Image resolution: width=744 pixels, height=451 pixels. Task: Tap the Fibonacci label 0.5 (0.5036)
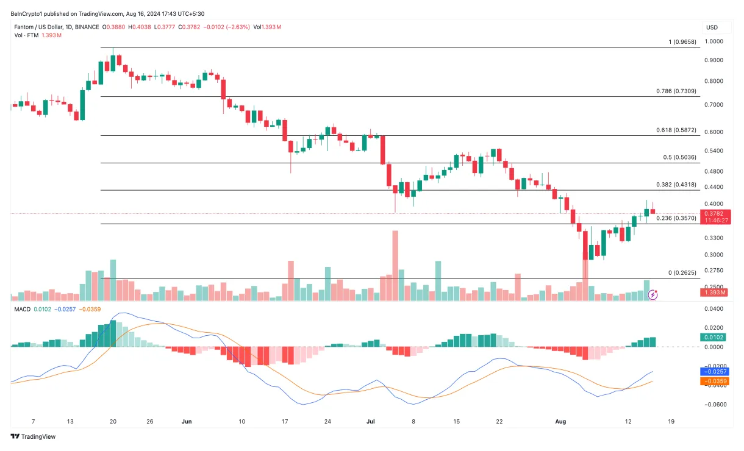tap(679, 157)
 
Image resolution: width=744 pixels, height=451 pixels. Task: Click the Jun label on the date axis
tap(187, 421)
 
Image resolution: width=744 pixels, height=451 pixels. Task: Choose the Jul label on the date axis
tap(370, 421)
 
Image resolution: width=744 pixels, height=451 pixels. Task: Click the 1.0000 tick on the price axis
tap(715, 41)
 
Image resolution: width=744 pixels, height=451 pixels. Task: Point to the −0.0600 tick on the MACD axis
tap(715, 404)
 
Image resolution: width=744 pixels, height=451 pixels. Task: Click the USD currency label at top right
tap(712, 27)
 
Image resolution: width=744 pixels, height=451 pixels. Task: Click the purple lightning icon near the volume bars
tap(653, 295)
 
